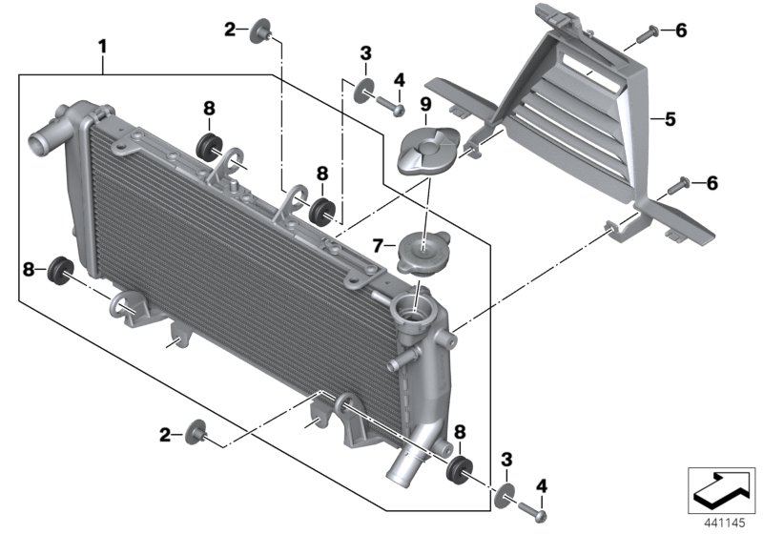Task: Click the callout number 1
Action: (103, 45)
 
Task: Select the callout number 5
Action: (670, 120)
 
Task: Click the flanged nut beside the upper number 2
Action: (259, 35)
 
